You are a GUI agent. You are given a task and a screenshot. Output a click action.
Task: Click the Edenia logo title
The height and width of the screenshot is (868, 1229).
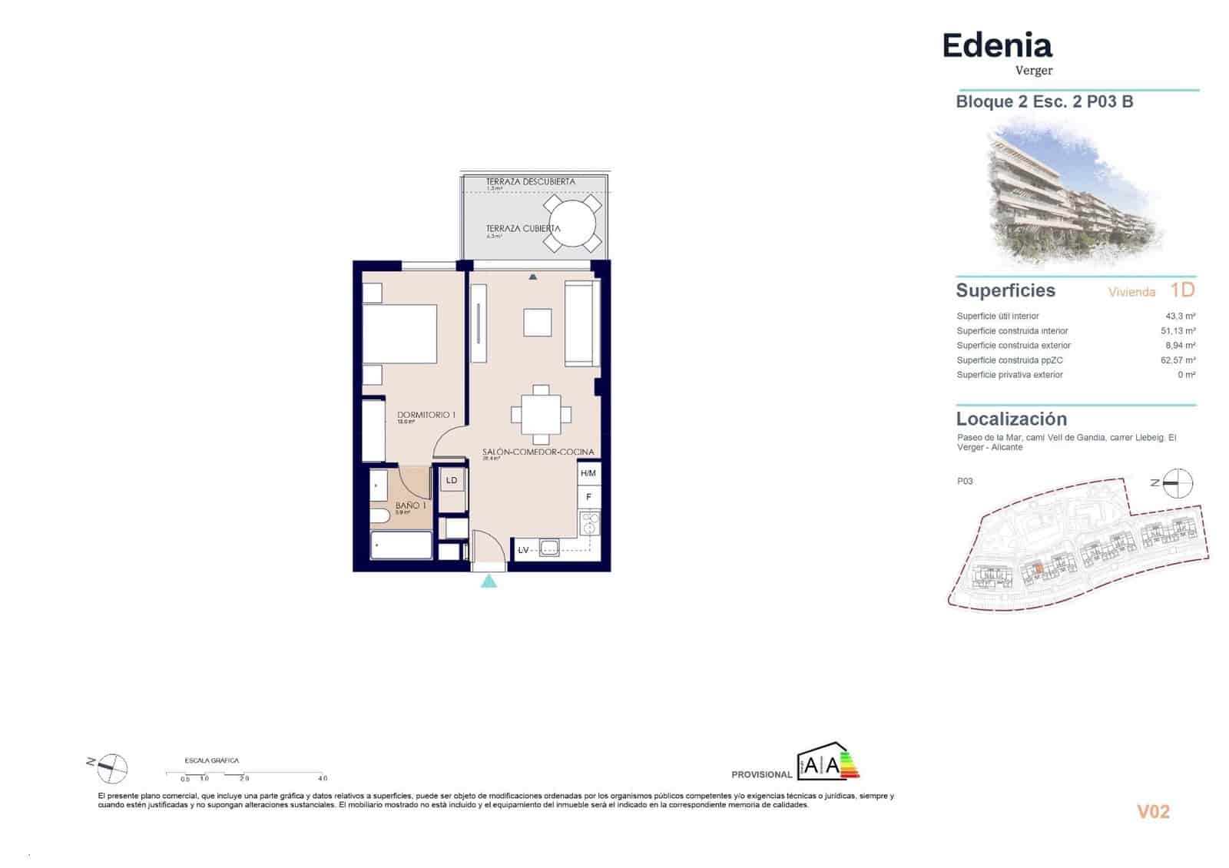point(996,46)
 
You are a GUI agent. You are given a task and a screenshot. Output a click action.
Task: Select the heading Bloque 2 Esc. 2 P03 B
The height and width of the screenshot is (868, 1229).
point(1044,101)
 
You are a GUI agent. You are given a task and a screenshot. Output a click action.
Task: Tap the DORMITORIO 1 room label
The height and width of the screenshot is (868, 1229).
point(426,415)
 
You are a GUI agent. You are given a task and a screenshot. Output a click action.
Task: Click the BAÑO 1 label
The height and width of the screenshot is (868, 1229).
point(408,505)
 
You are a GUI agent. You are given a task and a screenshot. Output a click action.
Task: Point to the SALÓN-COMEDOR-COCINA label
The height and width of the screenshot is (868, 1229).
point(538,452)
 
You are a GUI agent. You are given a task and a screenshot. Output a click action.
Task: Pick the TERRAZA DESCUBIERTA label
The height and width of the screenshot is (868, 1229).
point(530,182)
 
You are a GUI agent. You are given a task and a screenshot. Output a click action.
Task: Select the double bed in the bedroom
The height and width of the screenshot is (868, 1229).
point(399,333)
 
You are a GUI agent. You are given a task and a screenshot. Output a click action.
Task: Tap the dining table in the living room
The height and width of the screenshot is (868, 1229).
point(541,415)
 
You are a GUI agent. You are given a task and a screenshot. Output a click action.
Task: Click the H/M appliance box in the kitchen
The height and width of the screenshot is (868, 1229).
point(588,474)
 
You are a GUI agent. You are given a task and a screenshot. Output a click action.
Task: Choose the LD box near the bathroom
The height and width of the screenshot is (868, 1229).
point(452,481)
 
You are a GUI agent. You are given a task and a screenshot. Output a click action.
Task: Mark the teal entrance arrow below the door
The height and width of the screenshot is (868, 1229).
point(489,581)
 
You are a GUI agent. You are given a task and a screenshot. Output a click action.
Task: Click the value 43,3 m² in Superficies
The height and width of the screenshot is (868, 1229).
point(1180,316)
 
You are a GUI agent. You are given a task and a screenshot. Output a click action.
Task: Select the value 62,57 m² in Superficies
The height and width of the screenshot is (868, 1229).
point(1178,360)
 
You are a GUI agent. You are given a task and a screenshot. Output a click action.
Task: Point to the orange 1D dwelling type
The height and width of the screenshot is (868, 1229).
point(1182,290)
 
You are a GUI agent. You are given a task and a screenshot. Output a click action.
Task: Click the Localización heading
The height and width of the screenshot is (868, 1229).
point(1011,419)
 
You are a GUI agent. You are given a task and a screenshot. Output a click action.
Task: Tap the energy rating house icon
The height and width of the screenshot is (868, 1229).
point(828,761)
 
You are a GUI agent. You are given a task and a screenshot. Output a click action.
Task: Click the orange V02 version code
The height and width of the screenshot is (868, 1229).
point(1153,812)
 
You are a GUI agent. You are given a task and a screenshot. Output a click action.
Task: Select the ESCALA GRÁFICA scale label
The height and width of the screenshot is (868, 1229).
point(212,760)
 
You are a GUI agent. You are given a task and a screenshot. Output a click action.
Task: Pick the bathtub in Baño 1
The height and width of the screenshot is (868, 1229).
point(401,546)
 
